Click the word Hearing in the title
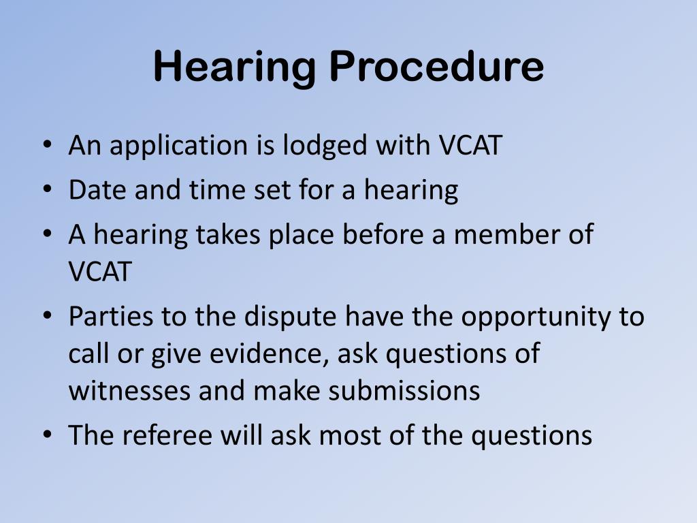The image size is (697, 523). click(x=235, y=67)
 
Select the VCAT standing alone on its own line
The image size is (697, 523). click(x=99, y=272)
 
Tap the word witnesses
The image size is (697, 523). click(x=129, y=391)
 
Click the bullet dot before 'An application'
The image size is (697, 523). click(x=47, y=146)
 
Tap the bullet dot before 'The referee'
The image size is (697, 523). click(x=47, y=436)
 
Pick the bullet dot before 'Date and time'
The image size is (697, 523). click(x=47, y=190)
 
